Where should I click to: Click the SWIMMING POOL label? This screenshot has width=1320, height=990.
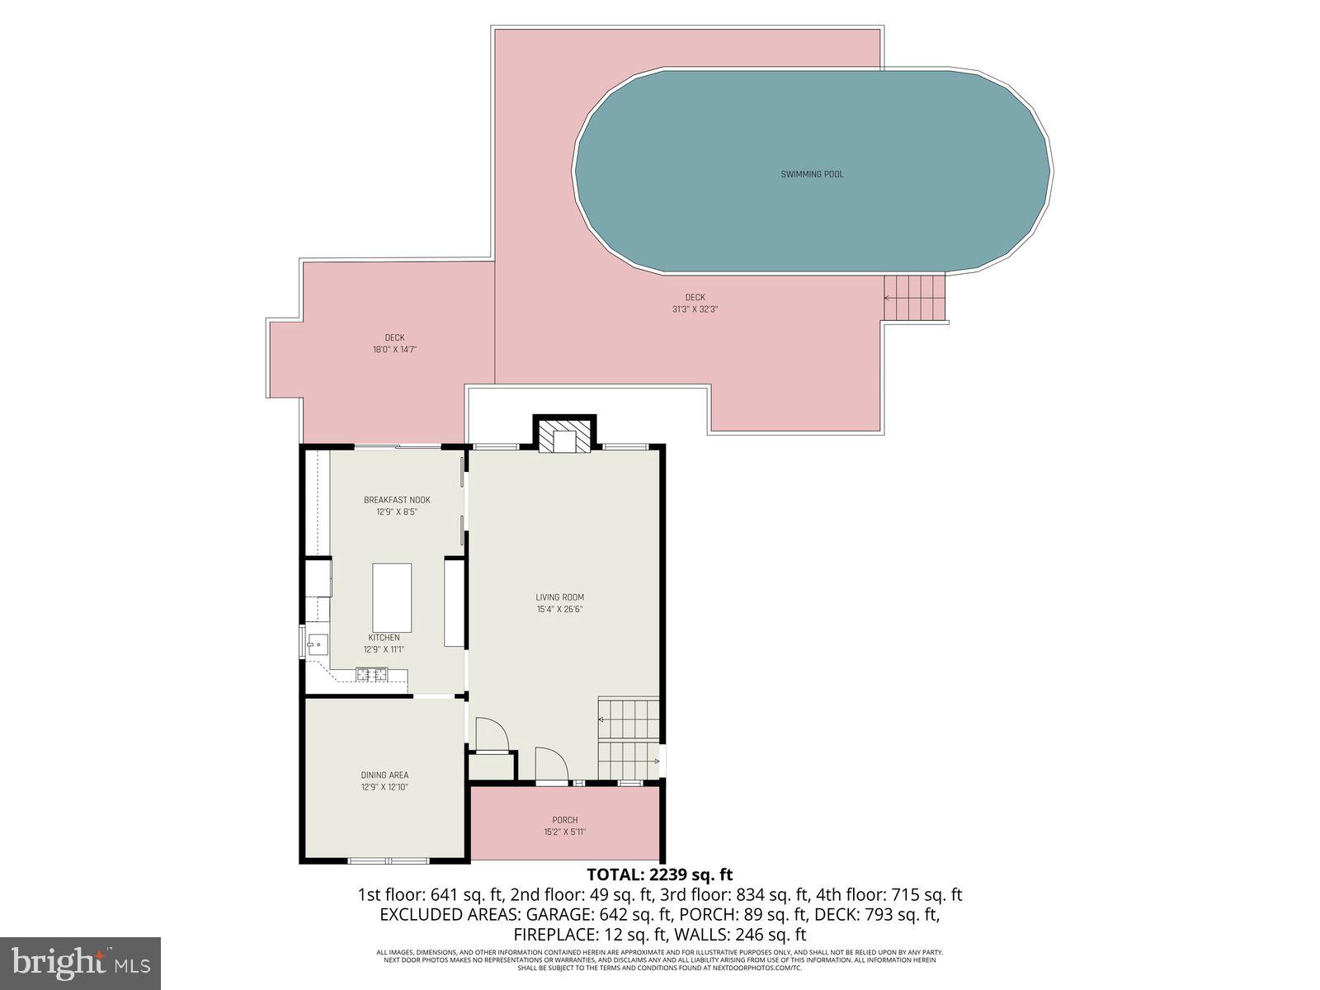tap(812, 174)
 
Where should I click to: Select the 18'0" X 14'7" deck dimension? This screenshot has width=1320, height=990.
tap(394, 350)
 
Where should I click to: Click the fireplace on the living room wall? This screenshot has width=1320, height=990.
tap(565, 436)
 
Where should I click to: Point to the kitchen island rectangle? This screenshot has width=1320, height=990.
tap(392, 597)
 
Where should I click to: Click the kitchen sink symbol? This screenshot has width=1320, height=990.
tap(317, 644)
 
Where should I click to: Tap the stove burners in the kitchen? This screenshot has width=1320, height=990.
tap(372, 675)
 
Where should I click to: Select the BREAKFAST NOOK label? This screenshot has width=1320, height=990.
tap(397, 500)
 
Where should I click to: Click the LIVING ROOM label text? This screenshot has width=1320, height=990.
tap(559, 597)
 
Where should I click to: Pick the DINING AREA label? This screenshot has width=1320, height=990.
tap(384, 775)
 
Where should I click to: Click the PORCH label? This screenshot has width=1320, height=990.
tap(565, 820)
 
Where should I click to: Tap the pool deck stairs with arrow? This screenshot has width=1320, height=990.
tap(913, 298)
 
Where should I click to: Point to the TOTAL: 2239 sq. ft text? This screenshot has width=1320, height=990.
tap(659, 874)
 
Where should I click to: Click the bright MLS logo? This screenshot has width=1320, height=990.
tap(80, 962)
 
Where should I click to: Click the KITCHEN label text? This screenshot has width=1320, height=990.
tap(384, 638)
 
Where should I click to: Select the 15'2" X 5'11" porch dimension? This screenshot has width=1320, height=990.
tap(565, 832)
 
